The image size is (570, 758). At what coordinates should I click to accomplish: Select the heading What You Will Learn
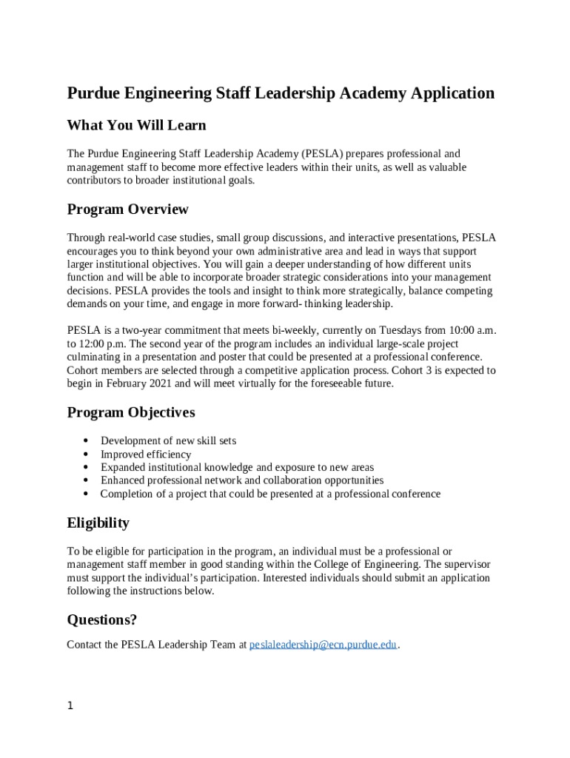coord(136,125)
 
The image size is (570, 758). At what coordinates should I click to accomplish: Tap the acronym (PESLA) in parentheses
coord(322,154)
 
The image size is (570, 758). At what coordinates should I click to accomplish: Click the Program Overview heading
coord(127,209)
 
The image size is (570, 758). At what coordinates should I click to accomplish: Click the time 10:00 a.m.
coord(469,330)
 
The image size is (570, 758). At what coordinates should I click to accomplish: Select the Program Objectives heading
coord(131,412)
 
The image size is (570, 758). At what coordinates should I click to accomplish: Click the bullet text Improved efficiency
coord(146,455)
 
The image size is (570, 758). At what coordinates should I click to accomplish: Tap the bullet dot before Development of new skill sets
coord(87,441)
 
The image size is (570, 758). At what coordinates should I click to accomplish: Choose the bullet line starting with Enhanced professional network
coord(242,480)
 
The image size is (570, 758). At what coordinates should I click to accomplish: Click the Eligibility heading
coord(98,523)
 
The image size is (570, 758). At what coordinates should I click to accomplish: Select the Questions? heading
coord(101,620)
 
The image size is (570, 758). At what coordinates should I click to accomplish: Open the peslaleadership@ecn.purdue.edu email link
coord(323,645)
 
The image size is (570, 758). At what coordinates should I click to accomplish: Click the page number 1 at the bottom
coord(70,706)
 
